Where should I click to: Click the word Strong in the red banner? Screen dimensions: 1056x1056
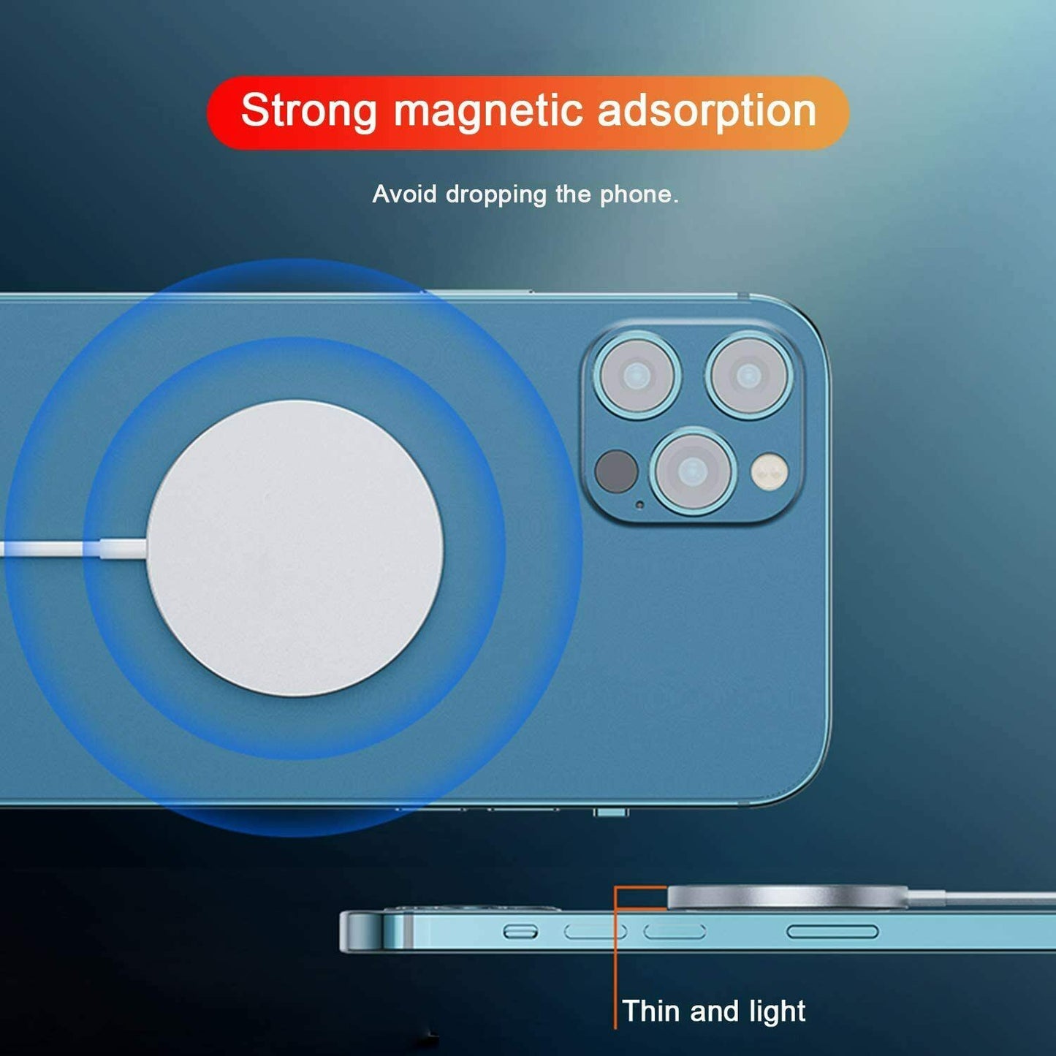[308, 111]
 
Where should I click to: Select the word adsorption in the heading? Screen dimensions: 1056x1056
[706, 111]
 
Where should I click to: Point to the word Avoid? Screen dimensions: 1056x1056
[404, 194]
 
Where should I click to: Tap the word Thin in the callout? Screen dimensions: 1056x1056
[651, 1011]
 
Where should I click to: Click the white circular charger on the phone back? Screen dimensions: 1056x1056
[295, 548]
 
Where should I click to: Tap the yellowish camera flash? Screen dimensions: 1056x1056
[770, 471]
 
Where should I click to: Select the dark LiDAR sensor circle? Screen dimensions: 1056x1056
[616, 471]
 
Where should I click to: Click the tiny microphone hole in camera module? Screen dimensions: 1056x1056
[640, 505]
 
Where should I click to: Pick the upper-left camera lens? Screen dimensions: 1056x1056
[637, 376]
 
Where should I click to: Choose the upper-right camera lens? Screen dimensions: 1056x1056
[748, 376]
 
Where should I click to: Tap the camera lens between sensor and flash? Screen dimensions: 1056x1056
[691, 471]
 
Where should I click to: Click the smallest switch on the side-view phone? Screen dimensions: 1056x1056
[520, 932]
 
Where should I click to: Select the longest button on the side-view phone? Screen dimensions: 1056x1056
[832, 932]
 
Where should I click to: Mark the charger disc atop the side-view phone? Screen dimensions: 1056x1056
[788, 897]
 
